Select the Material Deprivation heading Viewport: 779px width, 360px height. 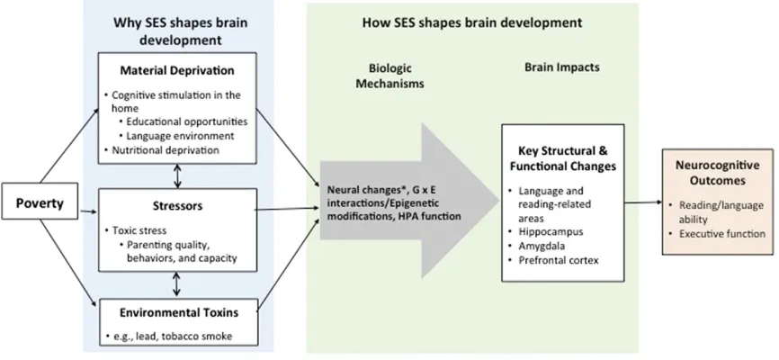coord(177,70)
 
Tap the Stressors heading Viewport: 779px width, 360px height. coord(177,205)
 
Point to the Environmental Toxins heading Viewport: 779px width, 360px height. coord(178,312)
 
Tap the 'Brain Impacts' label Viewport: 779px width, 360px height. coord(562,67)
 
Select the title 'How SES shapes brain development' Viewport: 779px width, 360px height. coord(472,22)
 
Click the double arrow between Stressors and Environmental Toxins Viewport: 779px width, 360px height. coord(177,284)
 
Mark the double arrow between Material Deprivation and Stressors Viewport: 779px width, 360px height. coord(177,176)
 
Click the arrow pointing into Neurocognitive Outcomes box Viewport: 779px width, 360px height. coord(644,202)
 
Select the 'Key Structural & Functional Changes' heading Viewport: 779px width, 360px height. coord(563,159)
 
